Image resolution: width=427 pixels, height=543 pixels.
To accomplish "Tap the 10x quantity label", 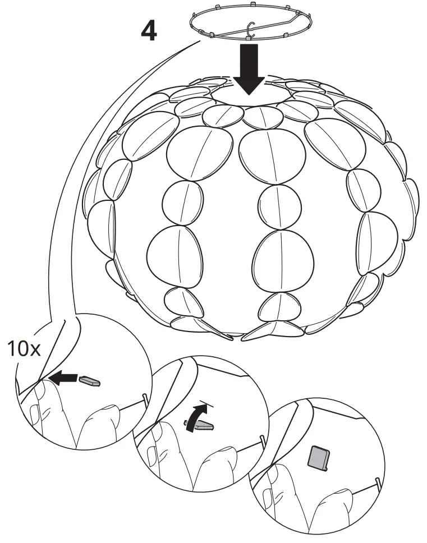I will tap(24, 349).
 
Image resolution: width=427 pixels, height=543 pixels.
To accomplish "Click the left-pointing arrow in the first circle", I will tap(62, 379).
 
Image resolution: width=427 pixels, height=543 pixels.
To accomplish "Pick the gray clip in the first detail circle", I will tap(90, 381).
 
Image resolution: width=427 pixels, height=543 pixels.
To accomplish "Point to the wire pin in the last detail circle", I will tap(378, 481).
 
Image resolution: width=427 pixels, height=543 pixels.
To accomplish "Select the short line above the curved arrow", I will tap(206, 403).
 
